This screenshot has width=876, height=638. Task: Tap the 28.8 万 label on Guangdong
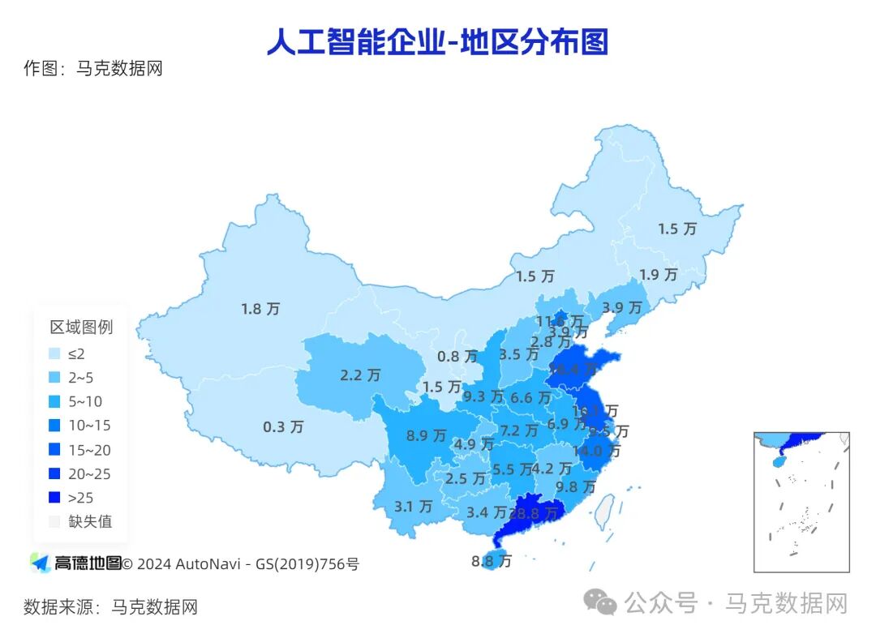(533, 513)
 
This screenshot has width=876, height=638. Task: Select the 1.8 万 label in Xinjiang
(260, 309)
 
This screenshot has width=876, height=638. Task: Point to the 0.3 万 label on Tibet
(283, 426)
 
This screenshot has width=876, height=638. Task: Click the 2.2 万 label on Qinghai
(360, 375)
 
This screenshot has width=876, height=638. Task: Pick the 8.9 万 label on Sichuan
(427, 435)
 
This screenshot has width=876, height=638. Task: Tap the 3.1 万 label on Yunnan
(414, 507)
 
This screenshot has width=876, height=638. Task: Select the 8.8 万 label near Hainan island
(492, 560)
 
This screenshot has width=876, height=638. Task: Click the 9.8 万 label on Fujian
(575, 487)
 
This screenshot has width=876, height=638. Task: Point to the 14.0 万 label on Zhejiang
(597, 452)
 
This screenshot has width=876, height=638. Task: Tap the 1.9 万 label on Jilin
(658, 275)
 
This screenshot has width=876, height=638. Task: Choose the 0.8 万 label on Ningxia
(457, 357)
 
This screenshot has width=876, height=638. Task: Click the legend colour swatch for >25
(54, 498)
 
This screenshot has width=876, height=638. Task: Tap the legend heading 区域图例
(81, 328)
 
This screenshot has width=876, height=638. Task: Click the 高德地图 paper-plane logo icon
(40, 563)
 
